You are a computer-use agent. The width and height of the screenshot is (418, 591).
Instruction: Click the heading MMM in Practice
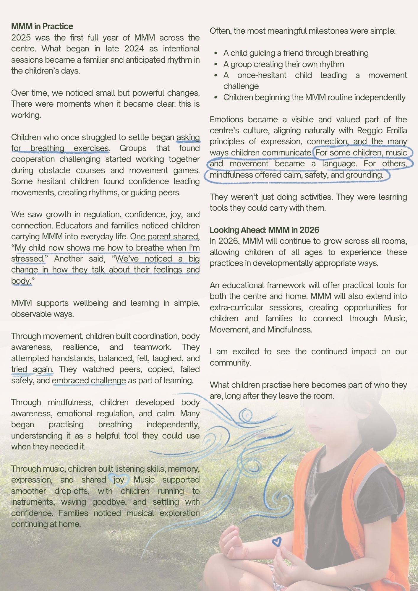[42, 27]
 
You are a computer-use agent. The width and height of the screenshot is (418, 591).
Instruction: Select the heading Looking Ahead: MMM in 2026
[264, 230]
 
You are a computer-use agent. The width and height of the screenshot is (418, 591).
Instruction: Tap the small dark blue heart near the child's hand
[276, 542]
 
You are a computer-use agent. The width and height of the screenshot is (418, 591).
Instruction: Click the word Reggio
[370, 131]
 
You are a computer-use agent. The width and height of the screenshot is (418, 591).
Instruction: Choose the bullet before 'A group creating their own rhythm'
[216, 64]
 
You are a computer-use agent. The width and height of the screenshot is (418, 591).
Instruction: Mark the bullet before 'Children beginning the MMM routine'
[216, 98]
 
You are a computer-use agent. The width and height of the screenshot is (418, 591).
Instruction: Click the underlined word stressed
[27, 259]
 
